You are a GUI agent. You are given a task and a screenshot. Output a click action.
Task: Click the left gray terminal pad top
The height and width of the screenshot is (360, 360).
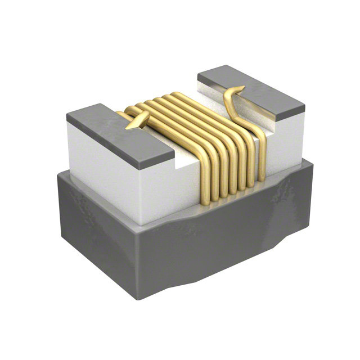point(118,132)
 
